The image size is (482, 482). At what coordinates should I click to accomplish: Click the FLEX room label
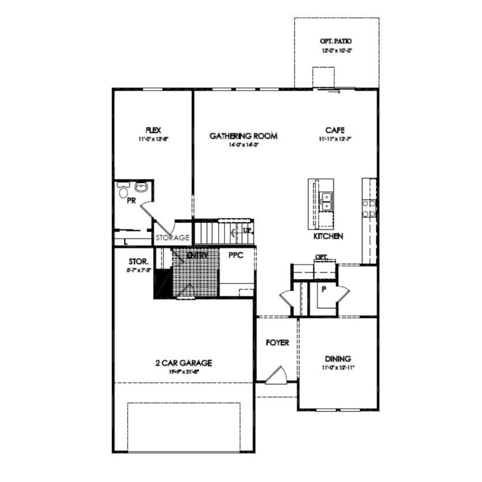coord(153,130)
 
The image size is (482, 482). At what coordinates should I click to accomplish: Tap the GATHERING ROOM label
coord(243,136)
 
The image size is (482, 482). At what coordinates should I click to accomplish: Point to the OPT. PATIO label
coord(336,42)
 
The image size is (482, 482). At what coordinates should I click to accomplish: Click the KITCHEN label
coord(328,236)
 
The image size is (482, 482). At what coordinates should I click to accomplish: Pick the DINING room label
coord(338,358)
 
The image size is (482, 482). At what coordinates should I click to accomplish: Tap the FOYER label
coord(277,343)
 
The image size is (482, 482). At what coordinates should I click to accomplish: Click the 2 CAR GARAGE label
coord(184,363)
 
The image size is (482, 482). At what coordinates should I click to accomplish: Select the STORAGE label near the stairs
coord(172,238)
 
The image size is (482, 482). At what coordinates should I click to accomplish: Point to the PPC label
coord(236,255)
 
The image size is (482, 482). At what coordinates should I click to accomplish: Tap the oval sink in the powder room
coord(140,187)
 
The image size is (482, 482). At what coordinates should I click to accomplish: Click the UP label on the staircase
coord(247,230)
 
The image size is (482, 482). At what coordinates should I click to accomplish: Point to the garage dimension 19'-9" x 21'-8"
coord(184,372)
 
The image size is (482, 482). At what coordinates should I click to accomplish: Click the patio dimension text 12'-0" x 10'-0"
coord(337,51)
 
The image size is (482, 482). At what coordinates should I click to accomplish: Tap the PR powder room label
coord(131,201)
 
